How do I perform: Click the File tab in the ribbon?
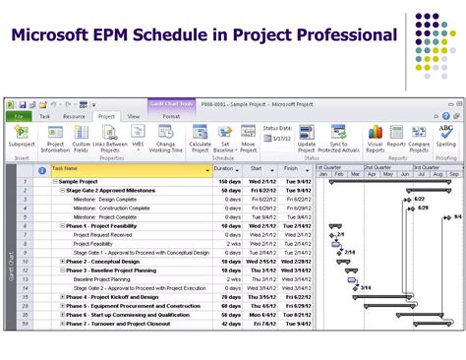pos(19,116)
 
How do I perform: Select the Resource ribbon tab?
pos(75,116)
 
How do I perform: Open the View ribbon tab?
pos(134,116)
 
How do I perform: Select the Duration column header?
pos(225,169)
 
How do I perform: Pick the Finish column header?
pos(291,169)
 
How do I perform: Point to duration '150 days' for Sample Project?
pos(228,182)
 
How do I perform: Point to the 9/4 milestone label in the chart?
pos(457,217)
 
